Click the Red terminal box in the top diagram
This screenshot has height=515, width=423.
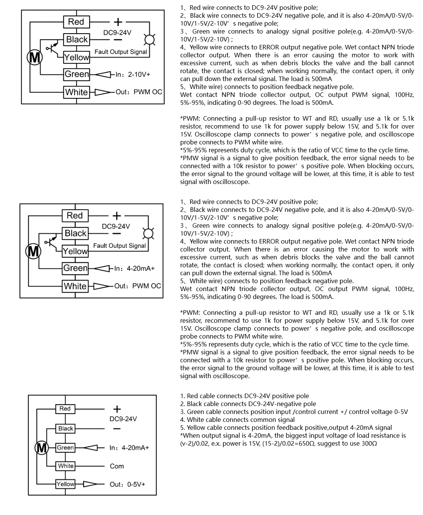[x=76, y=22]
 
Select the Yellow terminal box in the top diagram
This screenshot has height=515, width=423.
[x=77, y=57]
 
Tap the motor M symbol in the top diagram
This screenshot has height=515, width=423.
[x=34, y=58]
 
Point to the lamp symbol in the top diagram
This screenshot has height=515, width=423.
[x=150, y=39]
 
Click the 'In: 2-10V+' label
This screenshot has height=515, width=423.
[x=133, y=75]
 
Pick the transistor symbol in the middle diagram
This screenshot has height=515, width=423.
[x=51, y=242]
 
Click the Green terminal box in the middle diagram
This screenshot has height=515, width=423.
[x=75, y=268]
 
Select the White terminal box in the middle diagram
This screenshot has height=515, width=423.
[x=75, y=286]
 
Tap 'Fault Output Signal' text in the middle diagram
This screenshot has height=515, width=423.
[x=119, y=246]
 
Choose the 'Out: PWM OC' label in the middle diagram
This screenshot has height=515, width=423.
[x=138, y=286]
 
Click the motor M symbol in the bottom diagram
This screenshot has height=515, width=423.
[x=41, y=448]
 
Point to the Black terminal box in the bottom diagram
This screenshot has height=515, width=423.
[x=66, y=429]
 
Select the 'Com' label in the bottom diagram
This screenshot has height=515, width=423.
[x=117, y=466]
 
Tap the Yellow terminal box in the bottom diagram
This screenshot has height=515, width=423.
[x=65, y=484]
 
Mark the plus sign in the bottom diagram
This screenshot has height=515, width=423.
[x=117, y=409]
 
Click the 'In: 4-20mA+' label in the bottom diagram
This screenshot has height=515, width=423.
[x=129, y=448]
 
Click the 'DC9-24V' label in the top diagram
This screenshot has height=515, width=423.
[x=117, y=33]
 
